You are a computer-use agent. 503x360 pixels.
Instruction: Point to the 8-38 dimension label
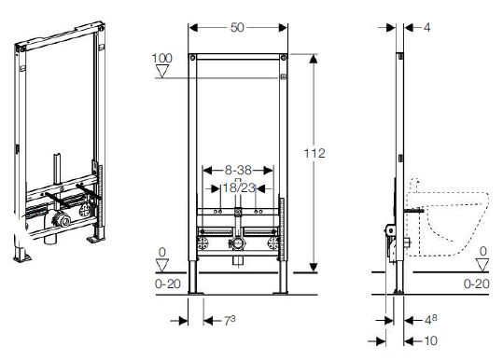[238, 172]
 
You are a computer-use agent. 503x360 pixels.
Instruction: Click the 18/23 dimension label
[239, 187]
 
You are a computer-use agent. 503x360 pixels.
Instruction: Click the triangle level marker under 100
[163, 75]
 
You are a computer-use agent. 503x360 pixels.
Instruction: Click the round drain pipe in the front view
[239, 245]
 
